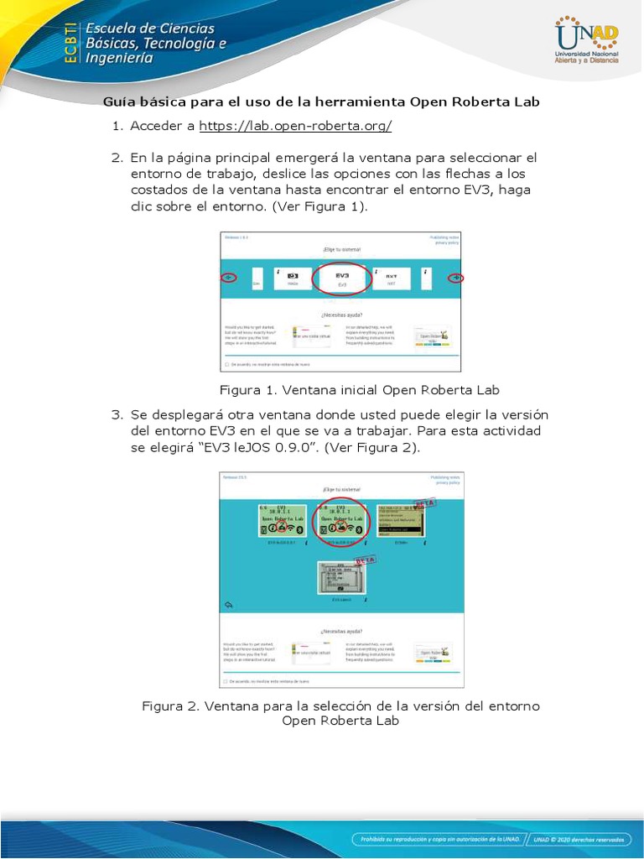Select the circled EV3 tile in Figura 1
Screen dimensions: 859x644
(x=341, y=279)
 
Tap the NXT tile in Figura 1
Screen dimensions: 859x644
(x=391, y=279)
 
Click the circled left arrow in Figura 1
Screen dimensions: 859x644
(x=227, y=278)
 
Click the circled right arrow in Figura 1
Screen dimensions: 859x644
(x=454, y=278)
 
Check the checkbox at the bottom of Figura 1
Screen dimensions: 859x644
(x=226, y=365)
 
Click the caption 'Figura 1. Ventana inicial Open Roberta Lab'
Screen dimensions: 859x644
(x=359, y=390)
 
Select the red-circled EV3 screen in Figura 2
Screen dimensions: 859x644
(x=341, y=521)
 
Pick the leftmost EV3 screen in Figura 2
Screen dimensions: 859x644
(x=286, y=521)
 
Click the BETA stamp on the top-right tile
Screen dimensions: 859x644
(x=424, y=503)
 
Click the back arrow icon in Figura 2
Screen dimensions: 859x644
(x=228, y=605)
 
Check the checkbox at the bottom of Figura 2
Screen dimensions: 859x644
(x=226, y=680)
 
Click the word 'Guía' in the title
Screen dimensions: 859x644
(x=119, y=102)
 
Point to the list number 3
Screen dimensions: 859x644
(x=117, y=414)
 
